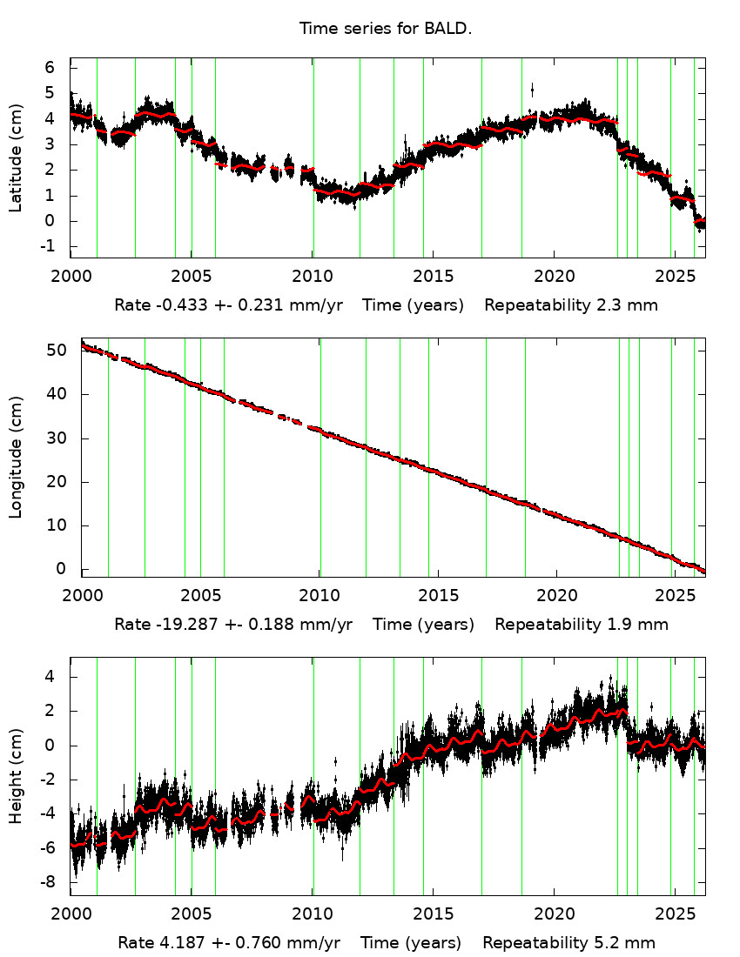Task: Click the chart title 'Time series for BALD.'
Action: (x=385, y=29)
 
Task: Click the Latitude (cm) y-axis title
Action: (x=16, y=158)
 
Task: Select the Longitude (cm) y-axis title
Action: (x=16, y=457)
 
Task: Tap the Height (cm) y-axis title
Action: (x=16, y=777)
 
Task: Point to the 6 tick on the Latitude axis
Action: (x=50, y=68)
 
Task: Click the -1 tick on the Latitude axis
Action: (x=48, y=246)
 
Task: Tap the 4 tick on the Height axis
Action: (x=50, y=676)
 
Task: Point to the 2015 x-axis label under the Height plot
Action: (x=433, y=914)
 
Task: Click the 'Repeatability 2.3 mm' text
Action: (x=571, y=305)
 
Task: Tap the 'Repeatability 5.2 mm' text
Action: (x=569, y=943)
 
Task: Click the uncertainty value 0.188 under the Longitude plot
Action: (x=273, y=625)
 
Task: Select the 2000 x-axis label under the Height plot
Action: (x=71, y=914)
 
